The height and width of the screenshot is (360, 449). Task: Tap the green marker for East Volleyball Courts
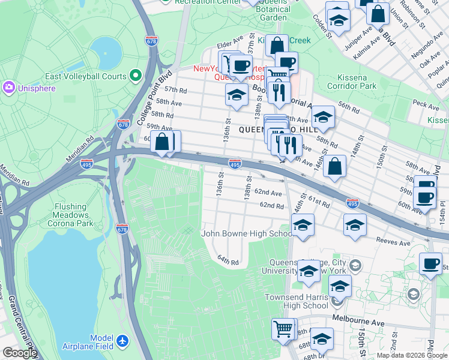click(136, 76)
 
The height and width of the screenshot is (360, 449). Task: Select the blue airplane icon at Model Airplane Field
click(123, 341)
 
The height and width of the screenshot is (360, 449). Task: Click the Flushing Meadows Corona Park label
click(74, 215)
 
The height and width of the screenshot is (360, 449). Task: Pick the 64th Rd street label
click(228, 261)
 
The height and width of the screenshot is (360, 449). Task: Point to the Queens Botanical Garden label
click(273, 13)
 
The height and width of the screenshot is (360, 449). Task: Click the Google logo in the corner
click(19, 353)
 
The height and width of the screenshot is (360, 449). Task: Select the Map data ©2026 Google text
click(412, 355)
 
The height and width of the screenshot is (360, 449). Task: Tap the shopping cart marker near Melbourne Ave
click(284, 328)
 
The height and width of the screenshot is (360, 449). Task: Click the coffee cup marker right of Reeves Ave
click(431, 263)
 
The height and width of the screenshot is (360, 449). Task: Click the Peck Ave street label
click(426, 104)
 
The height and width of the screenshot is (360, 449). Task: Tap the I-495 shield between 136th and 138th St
click(235, 164)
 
